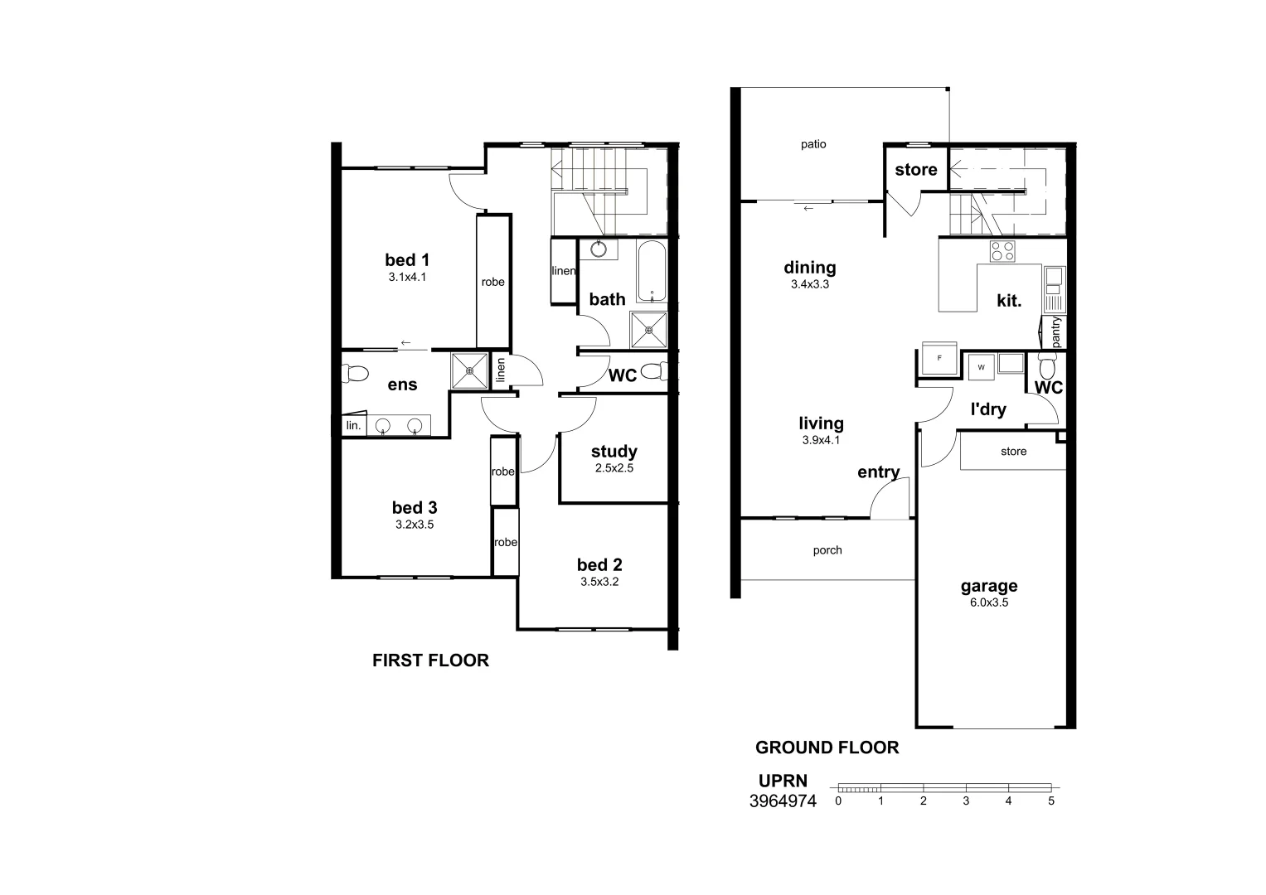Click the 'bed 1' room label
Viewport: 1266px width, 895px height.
tap(406, 260)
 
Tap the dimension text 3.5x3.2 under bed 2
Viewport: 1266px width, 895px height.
tap(599, 582)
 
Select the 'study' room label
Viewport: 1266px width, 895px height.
tap(614, 452)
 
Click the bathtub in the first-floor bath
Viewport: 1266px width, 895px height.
tap(652, 272)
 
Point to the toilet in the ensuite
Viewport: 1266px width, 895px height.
tap(355, 374)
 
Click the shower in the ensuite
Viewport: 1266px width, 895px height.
tap(470, 370)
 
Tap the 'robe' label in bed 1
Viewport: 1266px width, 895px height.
tap(492, 282)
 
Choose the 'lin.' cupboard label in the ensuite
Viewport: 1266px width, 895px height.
tap(353, 426)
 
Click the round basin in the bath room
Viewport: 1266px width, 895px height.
tap(598, 249)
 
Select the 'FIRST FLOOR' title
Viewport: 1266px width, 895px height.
tap(430, 660)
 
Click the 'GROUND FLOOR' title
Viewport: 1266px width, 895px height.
tap(827, 747)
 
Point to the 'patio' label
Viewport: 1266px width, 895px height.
tap(813, 144)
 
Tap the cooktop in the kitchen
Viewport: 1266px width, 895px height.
tap(1002, 251)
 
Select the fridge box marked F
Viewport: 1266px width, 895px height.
tap(939, 359)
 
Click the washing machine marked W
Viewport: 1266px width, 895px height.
tap(981, 366)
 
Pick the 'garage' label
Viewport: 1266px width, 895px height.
tap(988, 586)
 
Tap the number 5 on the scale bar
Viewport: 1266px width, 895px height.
tap(1050, 801)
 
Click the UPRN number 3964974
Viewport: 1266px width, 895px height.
tap(783, 801)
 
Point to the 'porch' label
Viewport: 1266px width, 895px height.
tap(827, 550)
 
